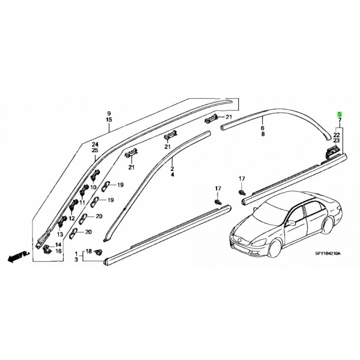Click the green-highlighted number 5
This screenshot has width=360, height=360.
[339, 114]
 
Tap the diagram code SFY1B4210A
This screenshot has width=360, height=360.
[328, 254]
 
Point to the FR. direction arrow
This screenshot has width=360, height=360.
[19, 256]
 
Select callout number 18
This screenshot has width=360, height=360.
[88, 251]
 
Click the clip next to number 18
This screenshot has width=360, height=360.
[99, 252]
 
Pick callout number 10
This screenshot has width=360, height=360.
[93, 187]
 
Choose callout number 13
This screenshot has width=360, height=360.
[60, 235]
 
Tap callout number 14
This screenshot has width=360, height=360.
[58, 245]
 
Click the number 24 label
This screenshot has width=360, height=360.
[95, 145]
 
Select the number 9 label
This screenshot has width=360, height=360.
[109, 114]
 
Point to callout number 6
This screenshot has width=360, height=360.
[262, 128]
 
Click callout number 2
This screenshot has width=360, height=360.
[172, 169]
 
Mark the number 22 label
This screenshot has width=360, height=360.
[336, 135]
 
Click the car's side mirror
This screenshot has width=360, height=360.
[291, 223]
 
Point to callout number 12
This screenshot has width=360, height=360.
[72, 218]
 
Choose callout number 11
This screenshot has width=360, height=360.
[82, 203]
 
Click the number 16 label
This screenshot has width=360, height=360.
[59, 251]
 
